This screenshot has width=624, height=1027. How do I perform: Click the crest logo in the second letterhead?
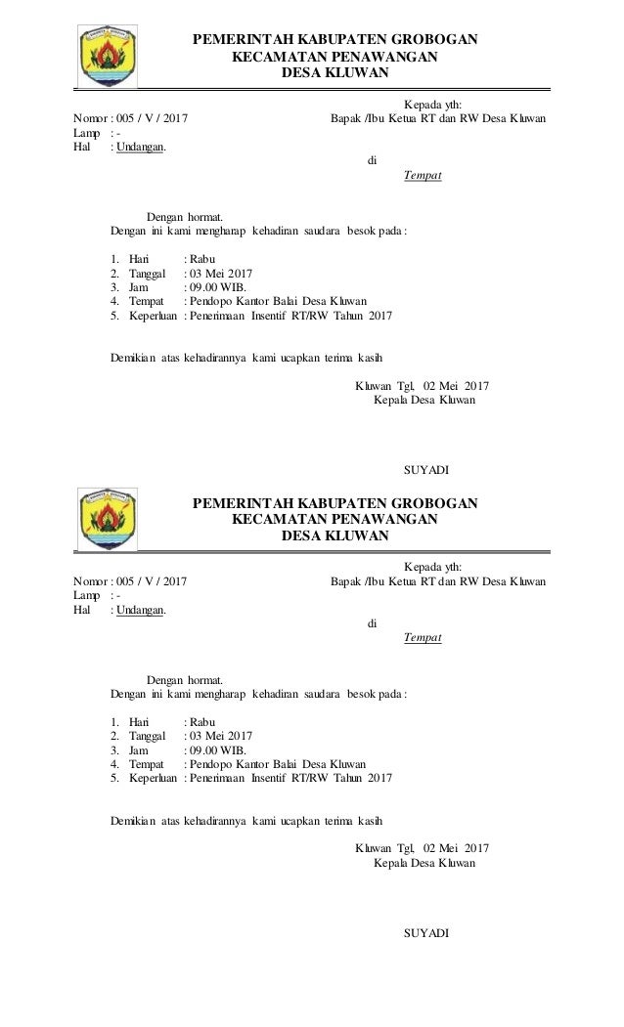[109, 519]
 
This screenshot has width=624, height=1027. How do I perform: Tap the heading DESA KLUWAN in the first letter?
[334, 73]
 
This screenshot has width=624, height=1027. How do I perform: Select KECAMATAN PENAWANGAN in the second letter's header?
[334, 520]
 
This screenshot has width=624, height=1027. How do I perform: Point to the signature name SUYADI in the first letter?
[426, 470]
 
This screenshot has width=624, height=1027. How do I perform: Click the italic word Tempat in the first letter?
[423, 176]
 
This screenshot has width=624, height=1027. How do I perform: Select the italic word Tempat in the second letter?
[423, 638]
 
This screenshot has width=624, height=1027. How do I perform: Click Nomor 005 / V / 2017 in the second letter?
[132, 582]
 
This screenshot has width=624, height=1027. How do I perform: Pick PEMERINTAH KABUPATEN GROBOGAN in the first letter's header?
[334, 40]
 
